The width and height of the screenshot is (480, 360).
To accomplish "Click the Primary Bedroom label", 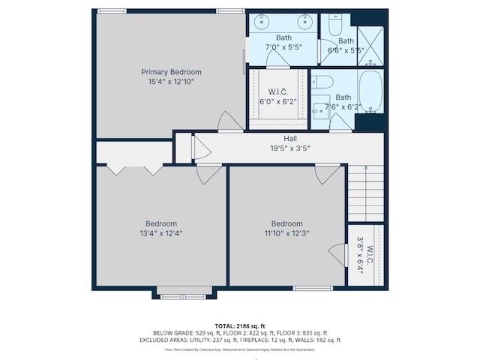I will click(171, 73).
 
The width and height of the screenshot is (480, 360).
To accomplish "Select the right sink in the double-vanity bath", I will click(304, 22).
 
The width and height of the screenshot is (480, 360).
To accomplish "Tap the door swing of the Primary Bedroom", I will click(229, 121).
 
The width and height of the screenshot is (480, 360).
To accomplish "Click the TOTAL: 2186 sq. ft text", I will click(239, 323).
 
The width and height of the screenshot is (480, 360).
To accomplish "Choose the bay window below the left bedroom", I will click(183, 293).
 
